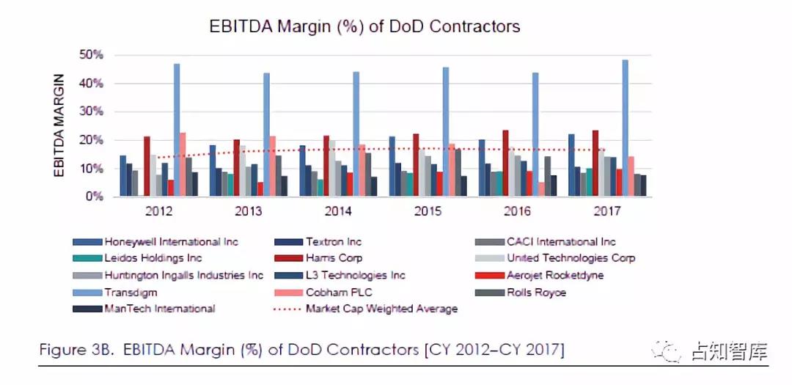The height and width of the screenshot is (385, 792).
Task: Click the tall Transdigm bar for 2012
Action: tap(177, 131)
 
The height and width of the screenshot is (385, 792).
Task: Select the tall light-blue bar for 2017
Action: tap(625, 128)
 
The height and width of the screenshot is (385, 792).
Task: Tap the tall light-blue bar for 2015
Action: tap(446, 132)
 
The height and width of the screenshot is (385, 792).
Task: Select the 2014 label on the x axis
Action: tap(338, 211)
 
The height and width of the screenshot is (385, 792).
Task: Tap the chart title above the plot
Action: tap(364, 26)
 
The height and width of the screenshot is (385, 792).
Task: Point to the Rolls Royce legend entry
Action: tap(535, 292)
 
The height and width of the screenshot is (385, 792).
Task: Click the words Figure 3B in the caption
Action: tap(76, 351)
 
